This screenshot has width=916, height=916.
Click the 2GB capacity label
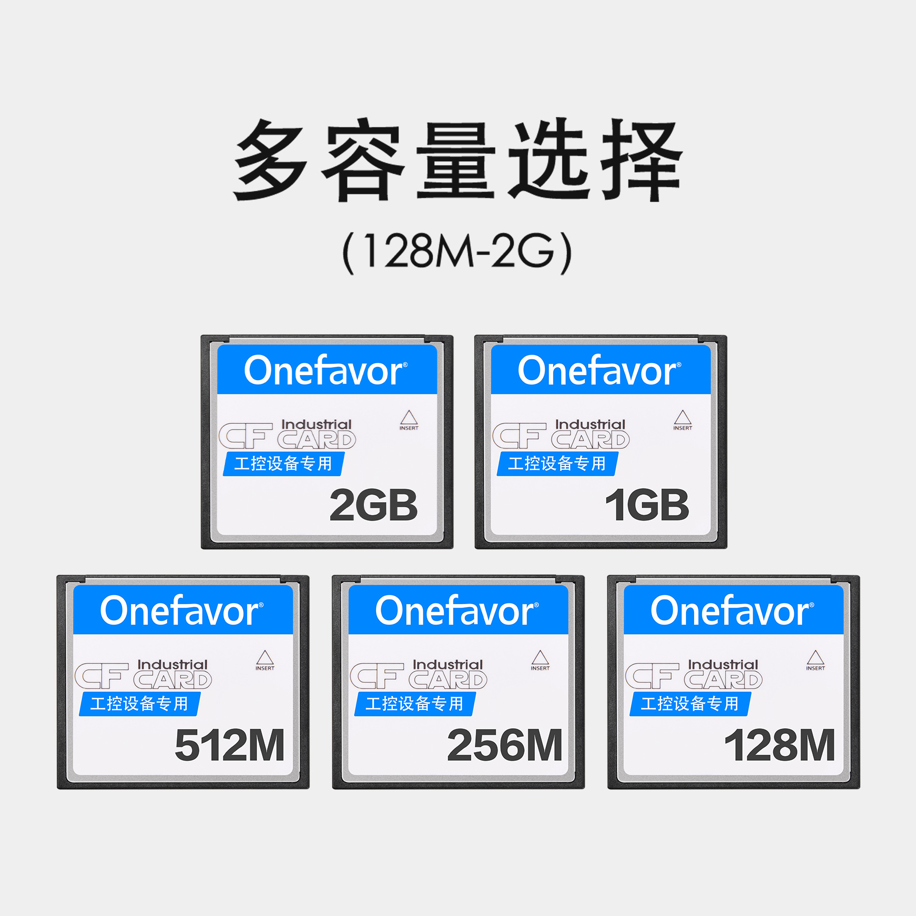point(374,505)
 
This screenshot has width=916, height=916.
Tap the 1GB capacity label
point(647,505)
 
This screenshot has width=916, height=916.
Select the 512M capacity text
point(230,746)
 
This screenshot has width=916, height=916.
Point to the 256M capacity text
point(505,746)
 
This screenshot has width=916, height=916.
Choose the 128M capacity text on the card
point(780,746)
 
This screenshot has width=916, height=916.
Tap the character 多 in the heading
point(271,160)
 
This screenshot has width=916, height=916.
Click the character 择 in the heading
point(642,160)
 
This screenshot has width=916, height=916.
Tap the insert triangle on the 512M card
point(265,657)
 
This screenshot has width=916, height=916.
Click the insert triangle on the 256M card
point(540,657)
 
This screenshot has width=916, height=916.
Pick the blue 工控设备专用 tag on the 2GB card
point(284,464)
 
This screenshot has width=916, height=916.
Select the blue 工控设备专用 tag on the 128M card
point(691,704)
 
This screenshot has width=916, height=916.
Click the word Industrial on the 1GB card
point(590,424)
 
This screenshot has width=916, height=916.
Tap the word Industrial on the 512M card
point(173,665)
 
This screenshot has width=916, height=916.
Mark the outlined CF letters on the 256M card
point(377,676)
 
